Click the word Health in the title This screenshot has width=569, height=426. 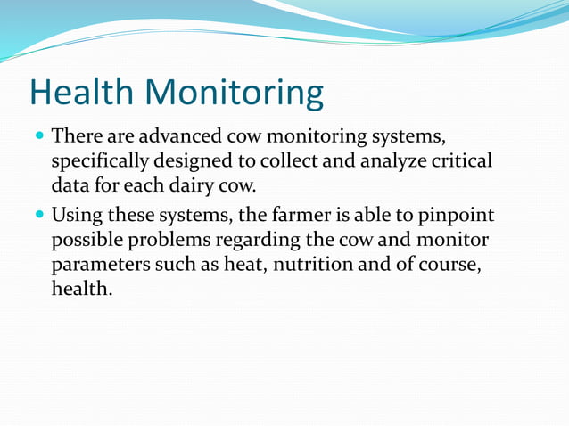point(82,93)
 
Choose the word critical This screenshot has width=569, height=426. point(464,162)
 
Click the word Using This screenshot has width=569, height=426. point(78,217)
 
